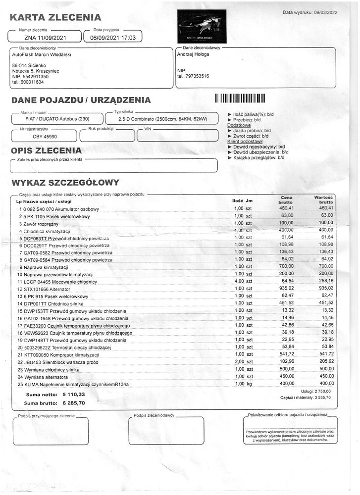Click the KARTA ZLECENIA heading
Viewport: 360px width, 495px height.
click(x=55, y=18)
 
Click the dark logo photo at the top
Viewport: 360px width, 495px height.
click(x=202, y=26)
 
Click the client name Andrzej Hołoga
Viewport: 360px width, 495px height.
click(x=193, y=54)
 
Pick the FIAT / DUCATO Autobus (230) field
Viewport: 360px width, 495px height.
click(x=57, y=119)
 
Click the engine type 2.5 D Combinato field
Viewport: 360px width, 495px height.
click(x=162, y=119)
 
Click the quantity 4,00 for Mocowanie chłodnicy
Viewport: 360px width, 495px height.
click(x=239, y=281)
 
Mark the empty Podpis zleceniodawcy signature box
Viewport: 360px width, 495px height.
click(x=166, y=431)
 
